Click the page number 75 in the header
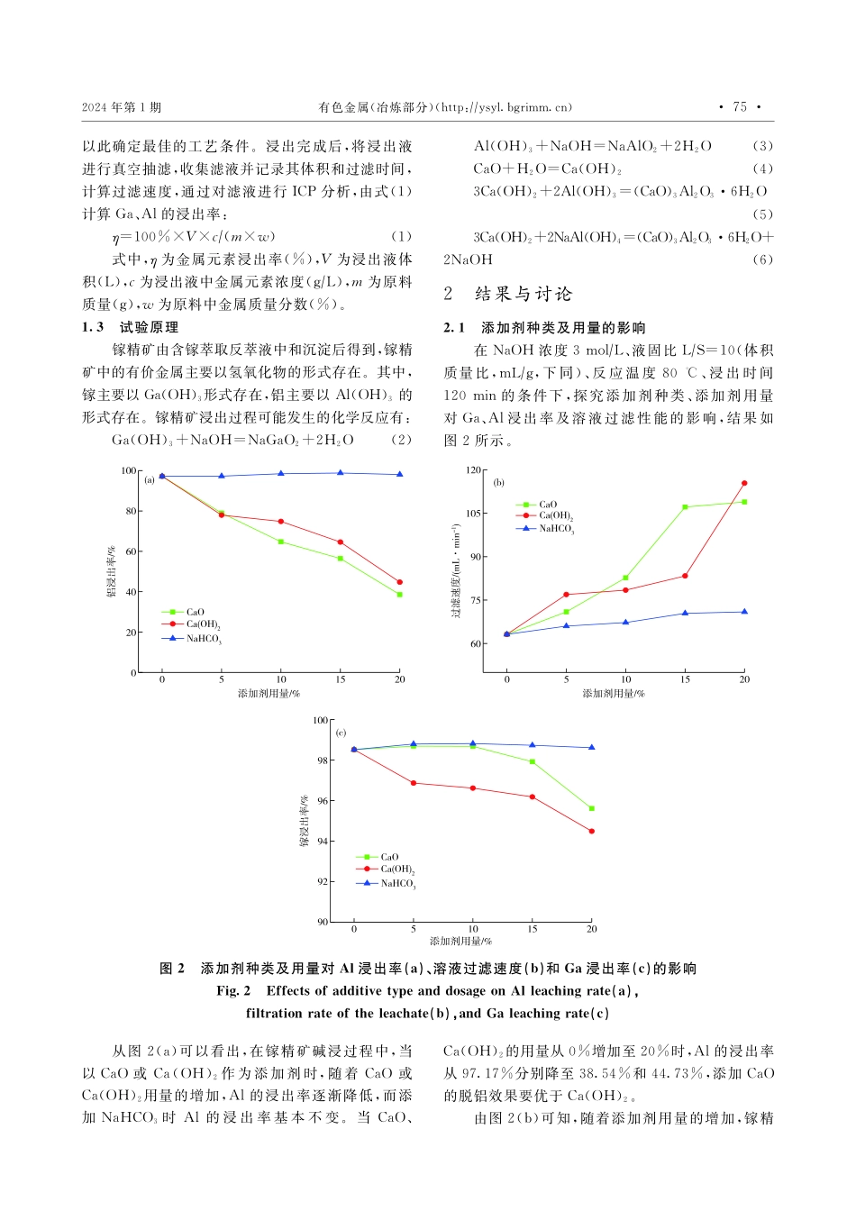740,107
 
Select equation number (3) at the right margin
762,146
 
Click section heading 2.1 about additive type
544,328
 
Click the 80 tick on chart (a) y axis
131,511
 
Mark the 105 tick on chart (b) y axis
474,514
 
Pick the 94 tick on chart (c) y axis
323,842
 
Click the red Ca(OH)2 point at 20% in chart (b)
744,483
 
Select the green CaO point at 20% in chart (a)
399,595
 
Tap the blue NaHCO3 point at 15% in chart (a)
340,473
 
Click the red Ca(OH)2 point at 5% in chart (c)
414,783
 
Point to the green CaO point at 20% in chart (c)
592,808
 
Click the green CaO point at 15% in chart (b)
685,507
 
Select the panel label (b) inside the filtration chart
499,483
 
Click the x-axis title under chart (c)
460,942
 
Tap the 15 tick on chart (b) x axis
685,679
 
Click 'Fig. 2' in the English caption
233,991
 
